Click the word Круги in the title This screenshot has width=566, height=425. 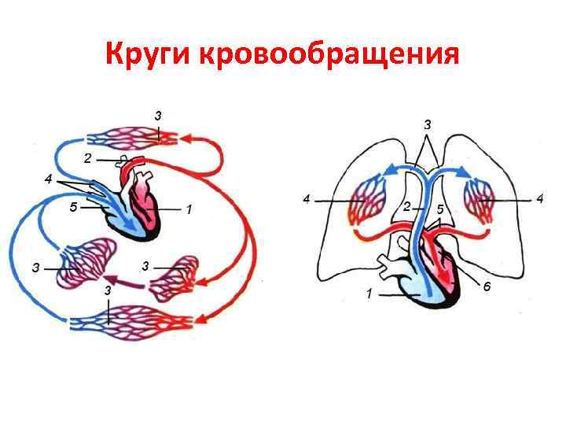coord(149,55)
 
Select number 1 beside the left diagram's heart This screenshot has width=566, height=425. coord(189,210)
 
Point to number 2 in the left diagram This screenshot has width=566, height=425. coord(89,158)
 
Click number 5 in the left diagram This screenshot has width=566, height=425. coord(72,209)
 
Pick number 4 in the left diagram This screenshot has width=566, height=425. coord(49,179)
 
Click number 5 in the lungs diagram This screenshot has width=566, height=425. coord(440,209)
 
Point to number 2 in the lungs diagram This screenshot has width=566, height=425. coord(406,206)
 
